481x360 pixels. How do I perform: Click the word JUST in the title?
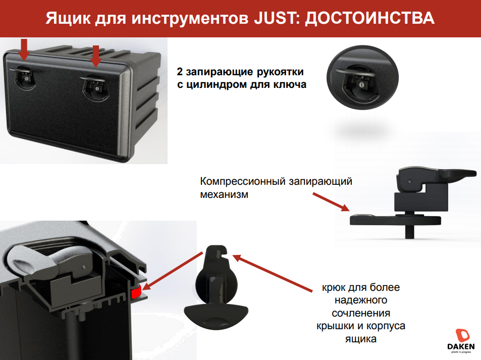point(272,18)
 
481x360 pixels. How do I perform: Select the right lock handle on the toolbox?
point(94,85)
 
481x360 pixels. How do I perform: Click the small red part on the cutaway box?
point(136,292)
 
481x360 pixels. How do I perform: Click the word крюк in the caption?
point(334,288)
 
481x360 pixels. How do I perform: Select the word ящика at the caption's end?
point(360,338)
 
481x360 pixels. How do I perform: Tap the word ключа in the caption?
point(292,84)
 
